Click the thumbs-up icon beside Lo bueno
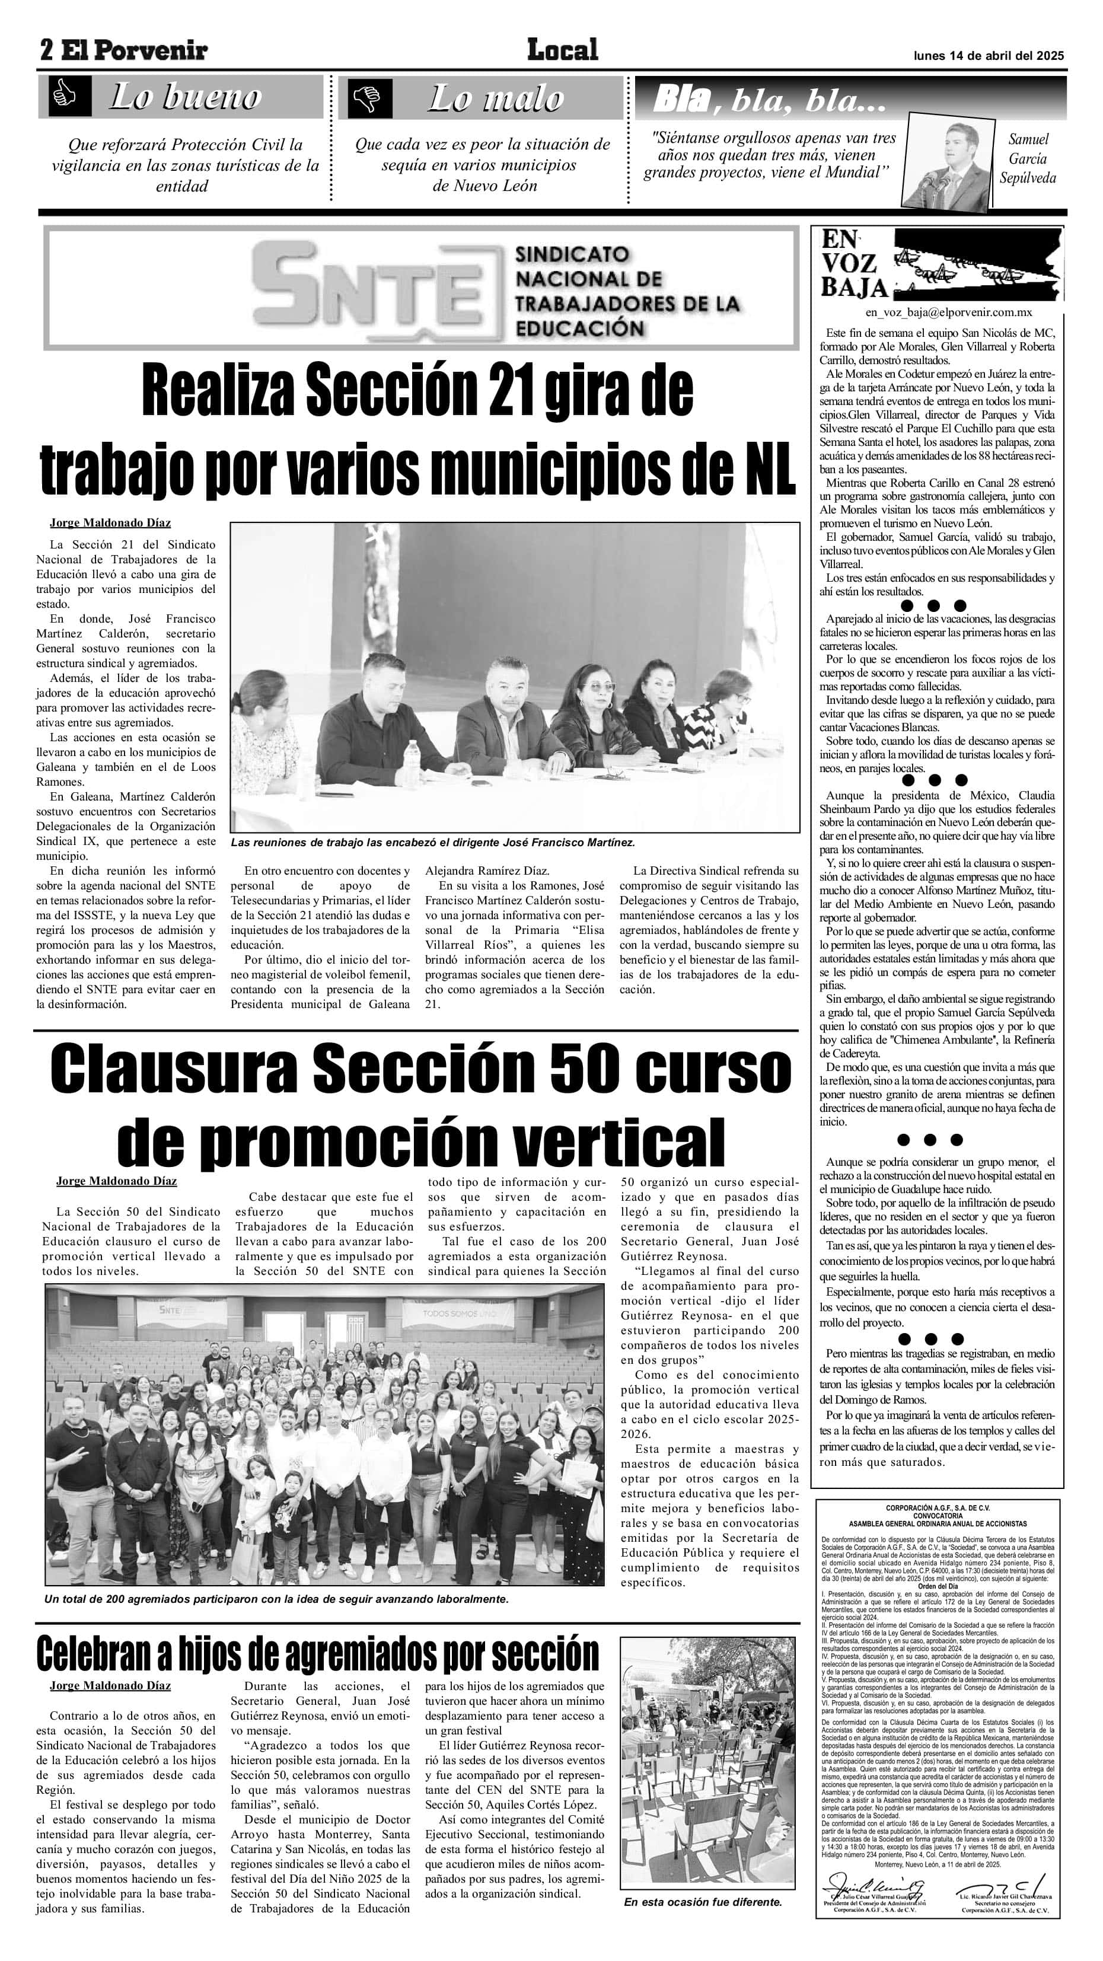(65, 96)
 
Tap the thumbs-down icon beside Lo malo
(370, 98)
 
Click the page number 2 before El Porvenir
(46, 51)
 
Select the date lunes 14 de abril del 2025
(988, 56)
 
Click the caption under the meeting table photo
(432, 843)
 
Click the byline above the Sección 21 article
(110, 522)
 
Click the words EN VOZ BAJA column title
(853, 263)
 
